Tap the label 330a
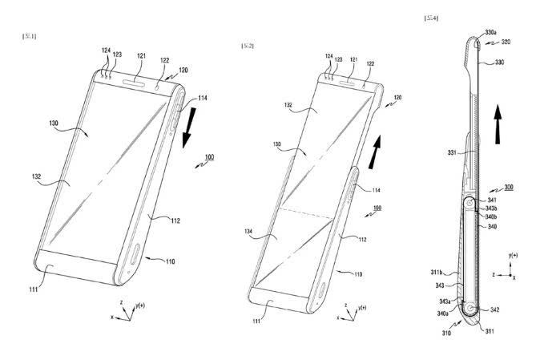(494, 34)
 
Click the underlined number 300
(510, 187)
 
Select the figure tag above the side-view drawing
(431, 17)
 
